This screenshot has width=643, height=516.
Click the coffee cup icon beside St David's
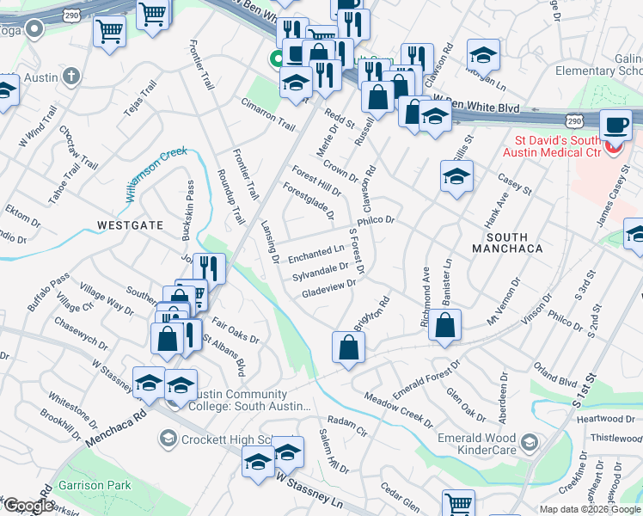tap(615, 125)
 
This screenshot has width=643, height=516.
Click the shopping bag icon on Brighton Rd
tap(348, 348)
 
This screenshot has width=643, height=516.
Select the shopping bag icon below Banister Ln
tap(444, 326)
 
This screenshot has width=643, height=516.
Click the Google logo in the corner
tap(28, 506)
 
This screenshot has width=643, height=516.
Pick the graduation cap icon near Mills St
tap(456, 176)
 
